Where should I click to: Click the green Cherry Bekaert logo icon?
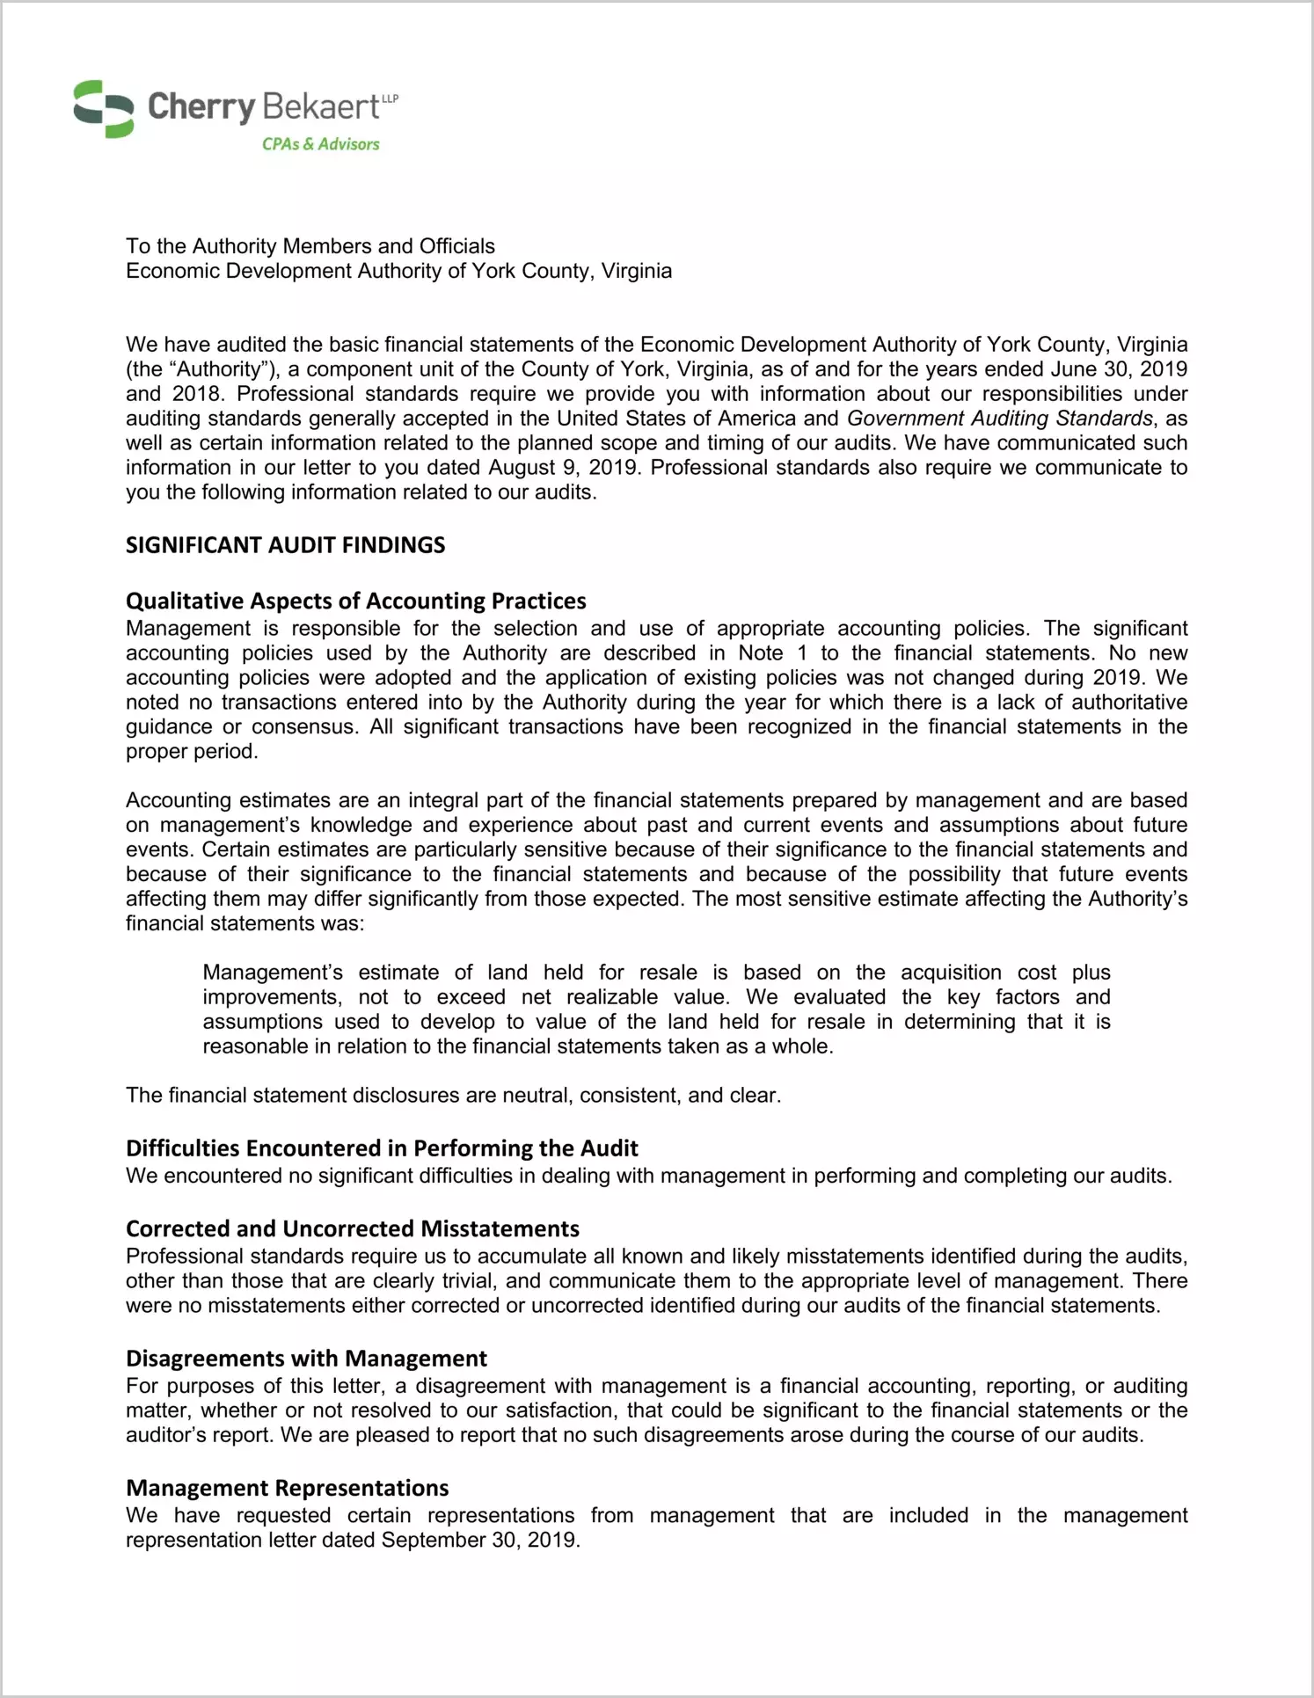click(103, 109)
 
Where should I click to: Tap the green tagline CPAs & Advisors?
click(320, 144)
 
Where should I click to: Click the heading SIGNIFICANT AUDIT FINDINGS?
click(285, 545)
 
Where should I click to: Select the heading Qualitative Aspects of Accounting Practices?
click(355, 601)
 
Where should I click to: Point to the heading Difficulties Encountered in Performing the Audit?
click(382, 1148)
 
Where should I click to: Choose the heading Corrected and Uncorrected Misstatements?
click(352, 1228)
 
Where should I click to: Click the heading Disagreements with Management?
click(306, 1359)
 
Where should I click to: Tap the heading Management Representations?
click(287, 1488)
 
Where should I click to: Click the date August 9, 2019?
click(566, 468)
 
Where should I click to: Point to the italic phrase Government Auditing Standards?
click(999, 419)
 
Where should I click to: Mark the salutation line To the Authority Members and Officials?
click(310, 246)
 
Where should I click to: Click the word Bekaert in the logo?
click(320, 107)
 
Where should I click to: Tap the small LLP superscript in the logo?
click(390, 98)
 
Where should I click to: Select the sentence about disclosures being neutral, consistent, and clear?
click(453, 1096)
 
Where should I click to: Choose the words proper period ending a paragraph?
click(191, 752)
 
